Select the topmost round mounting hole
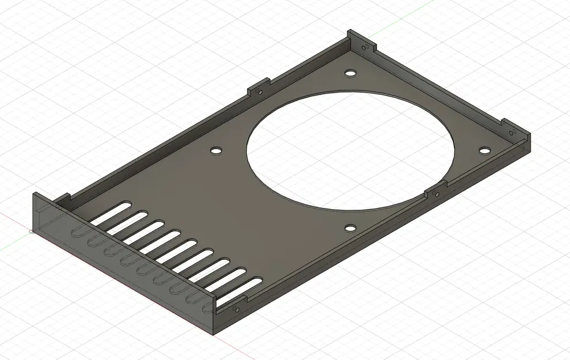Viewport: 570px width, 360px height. pos(349,74)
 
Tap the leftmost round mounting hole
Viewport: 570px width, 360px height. pos(216,150)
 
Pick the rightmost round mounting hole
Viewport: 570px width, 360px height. pos(484,150)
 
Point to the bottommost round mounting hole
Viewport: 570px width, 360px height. pos(350,228)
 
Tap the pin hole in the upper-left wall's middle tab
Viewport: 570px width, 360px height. pos(260,92)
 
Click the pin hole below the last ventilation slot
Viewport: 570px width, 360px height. pos(235,309)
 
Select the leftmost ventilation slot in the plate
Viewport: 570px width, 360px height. pos(109,213)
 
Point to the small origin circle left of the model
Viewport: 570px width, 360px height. pos(31,232)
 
